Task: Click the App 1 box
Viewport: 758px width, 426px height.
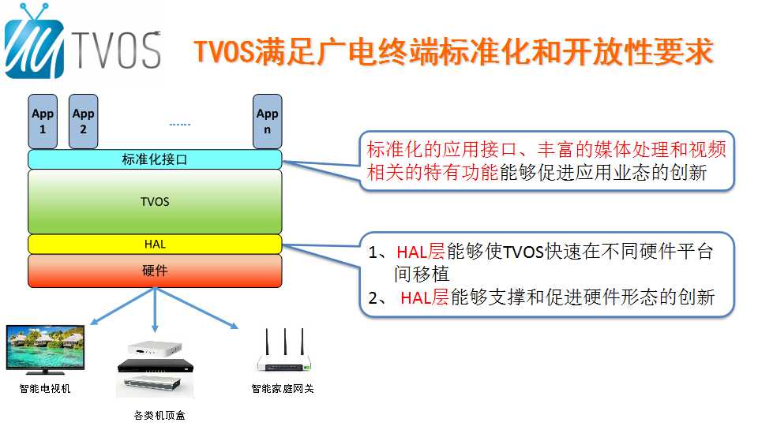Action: click(43, 121)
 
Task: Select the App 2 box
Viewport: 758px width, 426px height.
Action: click(83, 121)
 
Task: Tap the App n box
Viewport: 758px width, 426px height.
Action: click(268, 121)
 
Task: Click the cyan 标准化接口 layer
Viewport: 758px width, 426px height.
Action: click(155, 159)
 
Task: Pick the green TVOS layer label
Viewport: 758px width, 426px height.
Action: click(155, 201)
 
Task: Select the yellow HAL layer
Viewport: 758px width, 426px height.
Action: click(155, 245)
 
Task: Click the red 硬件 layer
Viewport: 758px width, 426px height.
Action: click(155, 271)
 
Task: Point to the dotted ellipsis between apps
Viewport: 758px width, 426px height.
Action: click(180, 125)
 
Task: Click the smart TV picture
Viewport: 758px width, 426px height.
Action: click(46, 349)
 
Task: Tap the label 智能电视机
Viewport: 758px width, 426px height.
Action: click(45, 389)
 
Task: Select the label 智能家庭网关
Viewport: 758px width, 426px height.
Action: click(283, 389)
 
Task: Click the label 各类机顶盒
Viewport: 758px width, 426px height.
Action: click(159, 416)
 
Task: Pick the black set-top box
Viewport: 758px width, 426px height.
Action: click(156, 365)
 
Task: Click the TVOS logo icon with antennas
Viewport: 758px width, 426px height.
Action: click(34, 42)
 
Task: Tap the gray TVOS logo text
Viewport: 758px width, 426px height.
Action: click(117, 50)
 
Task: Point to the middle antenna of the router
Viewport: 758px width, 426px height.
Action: click(285, 343)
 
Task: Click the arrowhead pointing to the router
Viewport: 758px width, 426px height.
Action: click(234, 325)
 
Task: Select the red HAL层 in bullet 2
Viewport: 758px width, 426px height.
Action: click(425, 298)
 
